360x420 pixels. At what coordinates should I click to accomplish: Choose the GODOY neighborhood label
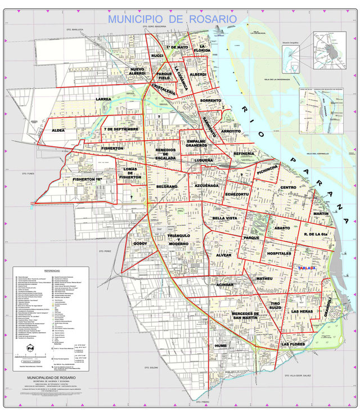tap(139, 243)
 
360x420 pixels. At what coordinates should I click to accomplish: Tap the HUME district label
tap(220, 346)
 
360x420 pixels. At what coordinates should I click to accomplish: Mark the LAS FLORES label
tap(294, 343)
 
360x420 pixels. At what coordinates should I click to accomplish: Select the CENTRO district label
tap(288, 187)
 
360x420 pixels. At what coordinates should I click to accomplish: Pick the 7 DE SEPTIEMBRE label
tap(121, 129)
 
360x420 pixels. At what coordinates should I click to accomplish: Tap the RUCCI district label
tap(157, 56)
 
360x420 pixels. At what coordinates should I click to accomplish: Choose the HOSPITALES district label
tap(281, 254)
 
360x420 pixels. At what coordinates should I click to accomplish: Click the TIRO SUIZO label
tap(274, 305)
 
